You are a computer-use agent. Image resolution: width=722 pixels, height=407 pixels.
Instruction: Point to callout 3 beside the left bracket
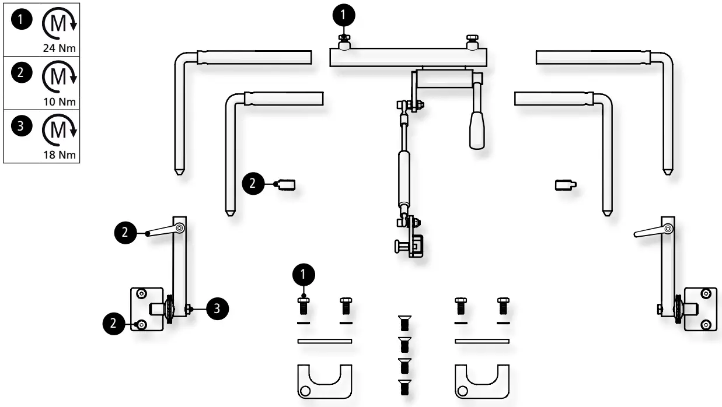(217, 308)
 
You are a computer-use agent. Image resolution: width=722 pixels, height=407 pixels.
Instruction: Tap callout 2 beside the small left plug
(253, 183)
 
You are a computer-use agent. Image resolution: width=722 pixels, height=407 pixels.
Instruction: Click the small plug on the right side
(564, 185)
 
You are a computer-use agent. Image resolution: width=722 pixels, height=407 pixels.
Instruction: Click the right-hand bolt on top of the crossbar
(472, 42)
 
